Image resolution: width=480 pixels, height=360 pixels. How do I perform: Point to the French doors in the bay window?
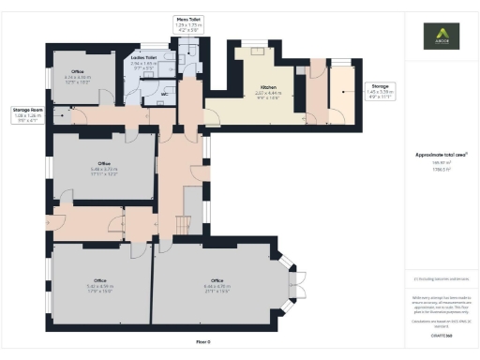299,282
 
